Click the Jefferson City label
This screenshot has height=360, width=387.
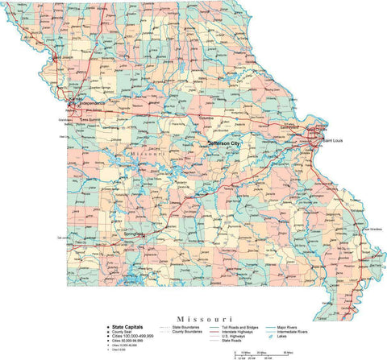coord(224,143)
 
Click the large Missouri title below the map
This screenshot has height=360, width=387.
coord(193,308)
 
